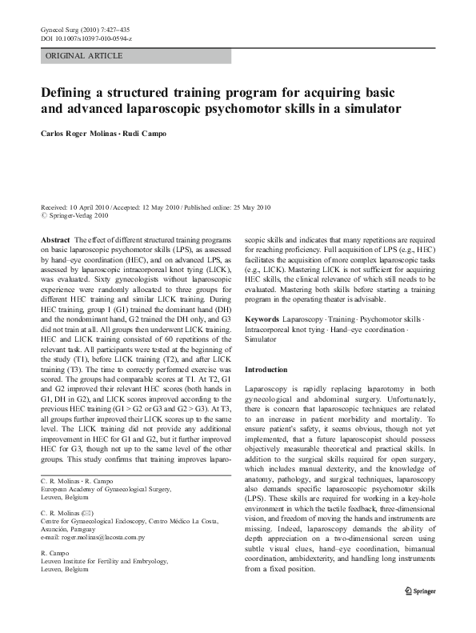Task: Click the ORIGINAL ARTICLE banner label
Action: pos(84,55)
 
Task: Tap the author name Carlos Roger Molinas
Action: pos(82,134)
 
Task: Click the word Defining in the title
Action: pos(70,92)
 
